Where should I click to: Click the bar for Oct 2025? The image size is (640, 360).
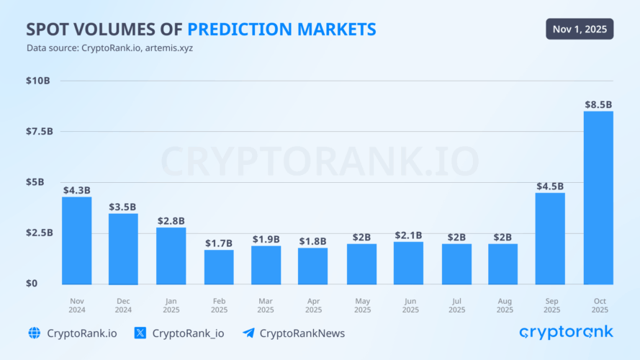point(598,197)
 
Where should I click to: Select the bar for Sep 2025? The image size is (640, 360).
point(550,238)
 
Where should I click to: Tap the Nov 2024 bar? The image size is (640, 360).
point(76,240)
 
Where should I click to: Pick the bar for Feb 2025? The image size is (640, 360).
point(219,266)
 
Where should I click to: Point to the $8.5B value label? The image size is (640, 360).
point(598,104)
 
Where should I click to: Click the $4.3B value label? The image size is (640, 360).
point(76,190)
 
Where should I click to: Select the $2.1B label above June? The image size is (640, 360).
point(408,235)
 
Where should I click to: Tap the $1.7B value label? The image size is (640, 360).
point(219,243)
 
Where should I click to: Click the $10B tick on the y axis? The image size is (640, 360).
point(38,81)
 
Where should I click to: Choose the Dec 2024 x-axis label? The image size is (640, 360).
point(124,305)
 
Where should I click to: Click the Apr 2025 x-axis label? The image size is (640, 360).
point(313,305)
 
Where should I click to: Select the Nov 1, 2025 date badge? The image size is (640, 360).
point(580,29)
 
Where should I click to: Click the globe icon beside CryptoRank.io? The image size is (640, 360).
point(34,333)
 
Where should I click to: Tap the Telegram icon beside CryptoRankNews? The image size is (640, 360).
point(248,333)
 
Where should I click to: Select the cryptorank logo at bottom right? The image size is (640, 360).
point(566,331)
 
